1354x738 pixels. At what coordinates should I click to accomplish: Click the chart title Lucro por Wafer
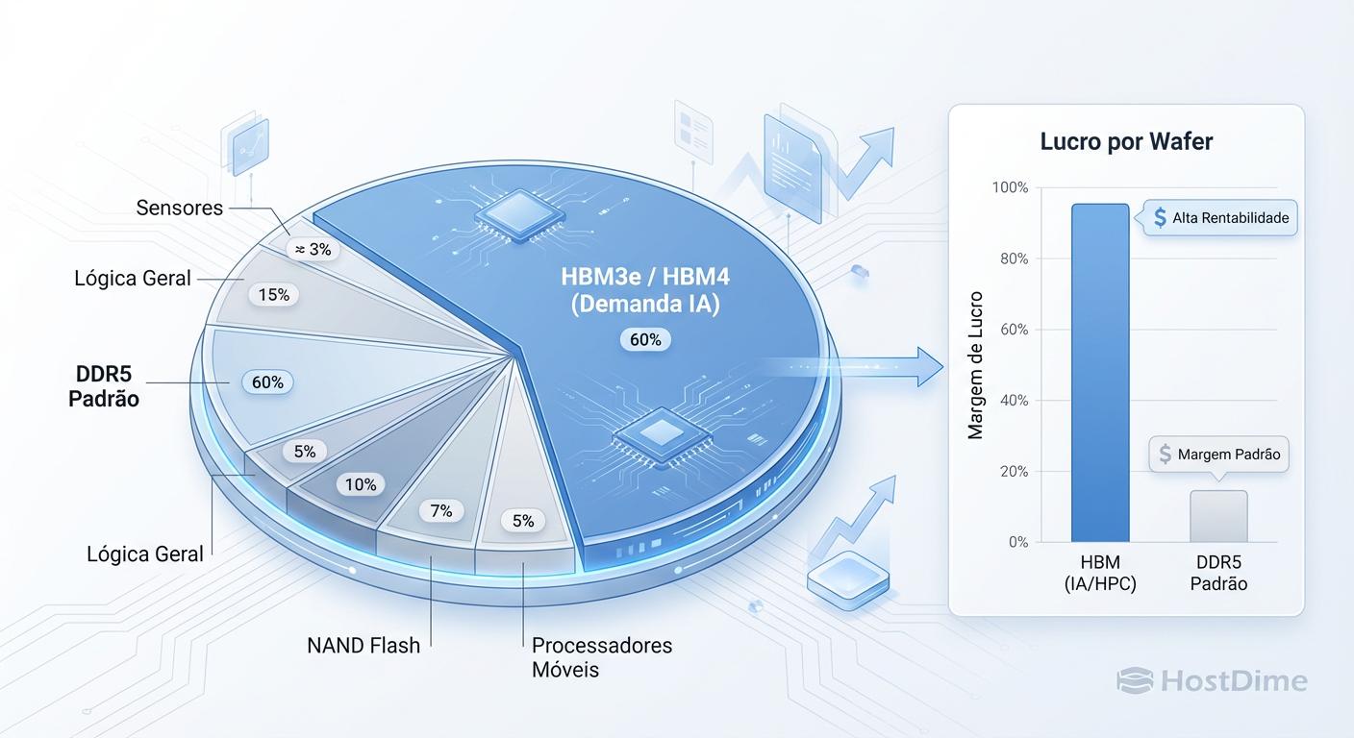pyautogui.click(x=1126, y=142)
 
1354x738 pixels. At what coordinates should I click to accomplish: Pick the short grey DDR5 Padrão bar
pyautogui.click(x=1218, y=517)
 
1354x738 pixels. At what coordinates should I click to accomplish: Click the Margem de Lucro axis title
pyautogui.click(x=976, y=365)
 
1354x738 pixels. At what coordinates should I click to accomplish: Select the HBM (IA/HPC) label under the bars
pyautogui.click(x=1100, y=572)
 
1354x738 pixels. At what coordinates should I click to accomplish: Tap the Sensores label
pyautogui.click(x=179, y=208)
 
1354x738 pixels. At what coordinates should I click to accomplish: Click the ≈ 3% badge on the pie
pyautogui.click(x=312, y=250)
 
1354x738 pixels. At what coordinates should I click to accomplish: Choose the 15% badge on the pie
pyautogui.click(x=273, y=295)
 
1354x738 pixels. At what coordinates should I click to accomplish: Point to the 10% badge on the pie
pyautogui.click(x=361, y=484)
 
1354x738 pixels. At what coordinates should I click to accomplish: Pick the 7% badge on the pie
pyautogui.click(x=440, y=511)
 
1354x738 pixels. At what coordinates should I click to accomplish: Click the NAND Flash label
pyautogui.click(x=364, y=646)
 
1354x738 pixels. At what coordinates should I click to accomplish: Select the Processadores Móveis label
pyautogui.click(x=601, y=657)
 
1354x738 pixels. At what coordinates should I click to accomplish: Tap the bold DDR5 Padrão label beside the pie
pyautogui.click(x=104, y=385)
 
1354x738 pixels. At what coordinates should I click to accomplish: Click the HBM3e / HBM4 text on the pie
pyautogui.click(x=645, y=277)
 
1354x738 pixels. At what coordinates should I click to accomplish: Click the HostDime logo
pyautogui.click(x=1212, y=681)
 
